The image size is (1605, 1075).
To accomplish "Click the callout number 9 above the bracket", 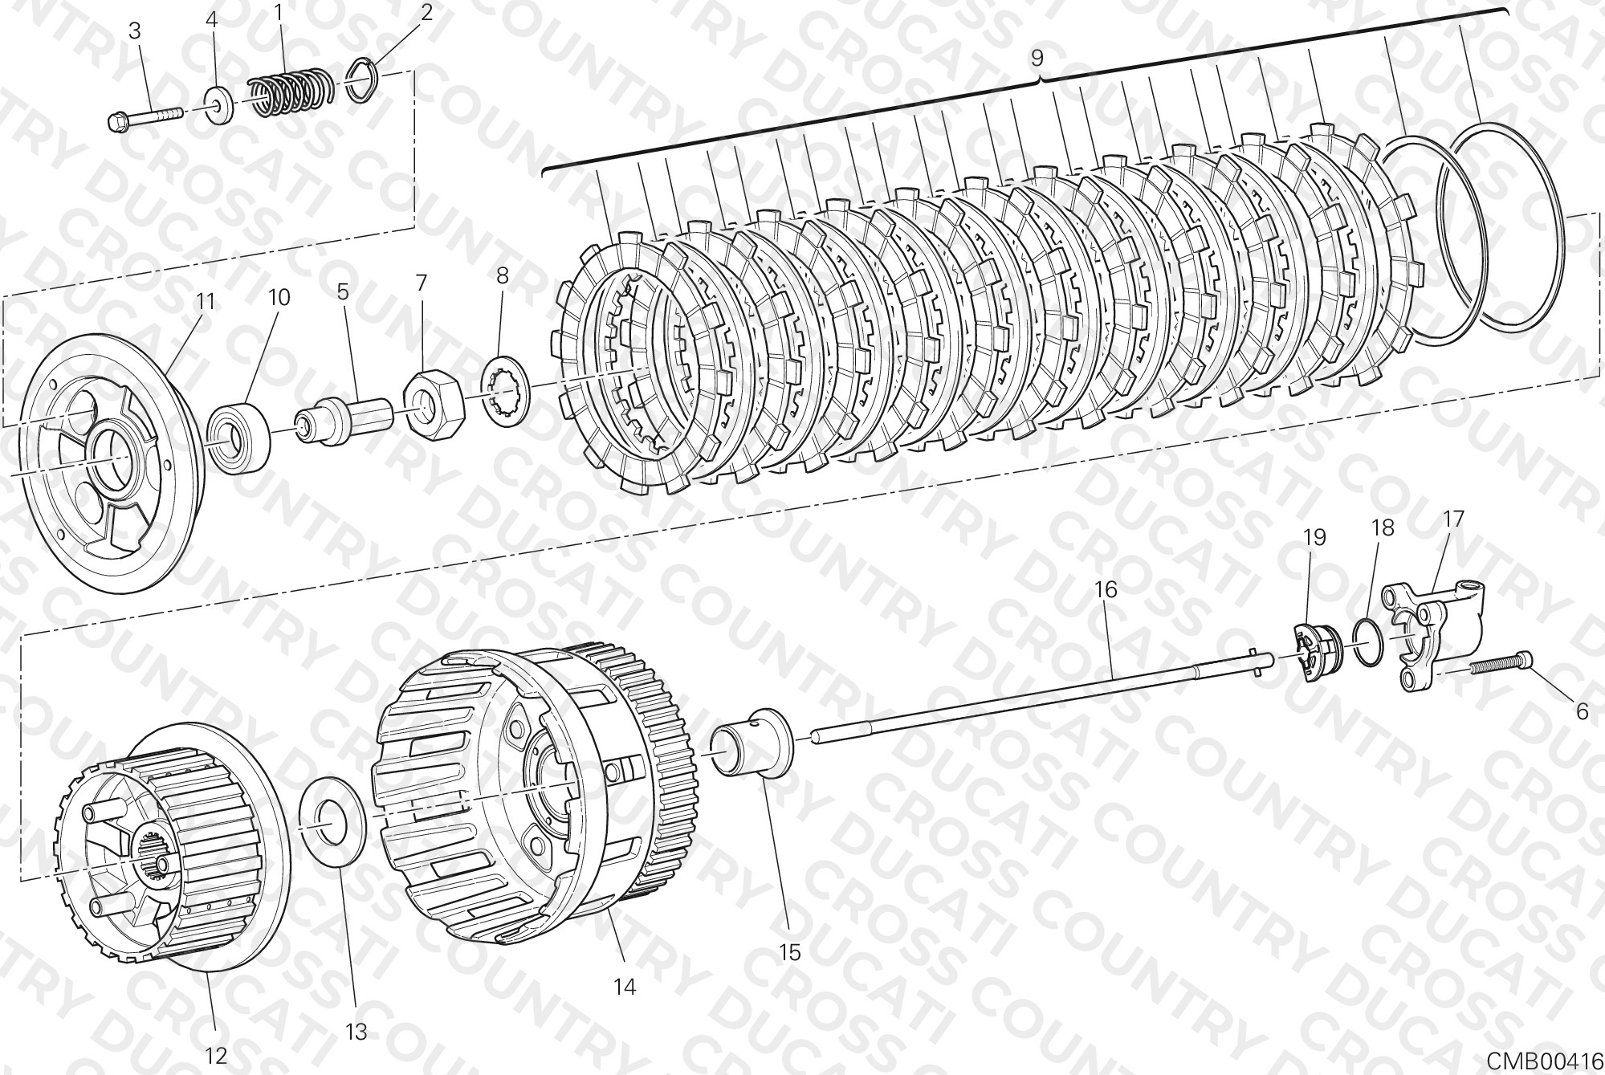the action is click(1037, 59).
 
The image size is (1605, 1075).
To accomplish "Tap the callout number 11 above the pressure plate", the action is click(206, 302).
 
